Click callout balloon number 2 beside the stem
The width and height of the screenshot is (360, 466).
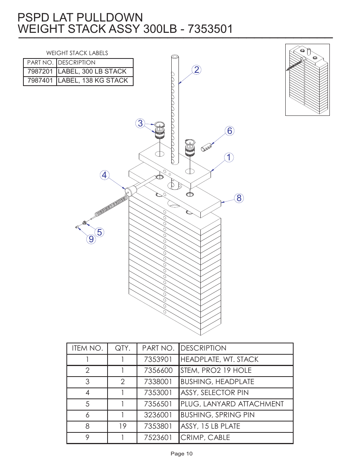[x=196, y=70]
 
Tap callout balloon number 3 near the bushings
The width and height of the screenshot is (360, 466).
[x=140, y=123]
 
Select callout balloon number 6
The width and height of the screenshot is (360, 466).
[x=229, y=131]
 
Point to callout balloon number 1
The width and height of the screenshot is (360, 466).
[x=229, y=157]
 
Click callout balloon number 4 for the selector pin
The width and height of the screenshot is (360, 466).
[x=105, y=175]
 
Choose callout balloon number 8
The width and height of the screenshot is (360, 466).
[x=239, y=198]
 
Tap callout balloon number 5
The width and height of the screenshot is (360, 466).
[x=99, y=232]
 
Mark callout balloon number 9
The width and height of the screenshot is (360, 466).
[x=91, y=239]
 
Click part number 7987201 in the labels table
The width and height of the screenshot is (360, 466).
[x=40, y=71]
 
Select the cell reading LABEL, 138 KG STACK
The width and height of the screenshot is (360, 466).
[x=93, y=80]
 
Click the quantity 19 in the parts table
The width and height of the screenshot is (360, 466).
[x=123, y=426]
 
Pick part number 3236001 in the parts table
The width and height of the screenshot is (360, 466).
[x=158, y=415]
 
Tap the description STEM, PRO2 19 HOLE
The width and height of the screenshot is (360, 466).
[x=216, y=371]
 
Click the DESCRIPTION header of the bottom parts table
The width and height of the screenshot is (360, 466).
[x=203, y=348]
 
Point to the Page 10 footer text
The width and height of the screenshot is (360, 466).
[x=182, y=454]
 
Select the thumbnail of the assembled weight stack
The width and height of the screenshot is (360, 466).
[x=307, y=80]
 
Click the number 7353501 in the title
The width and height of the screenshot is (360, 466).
[x=210, y=29]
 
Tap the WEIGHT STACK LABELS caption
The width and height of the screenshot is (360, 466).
[x=77, y=53]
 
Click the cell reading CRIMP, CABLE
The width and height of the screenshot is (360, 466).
[x=205, y=437]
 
